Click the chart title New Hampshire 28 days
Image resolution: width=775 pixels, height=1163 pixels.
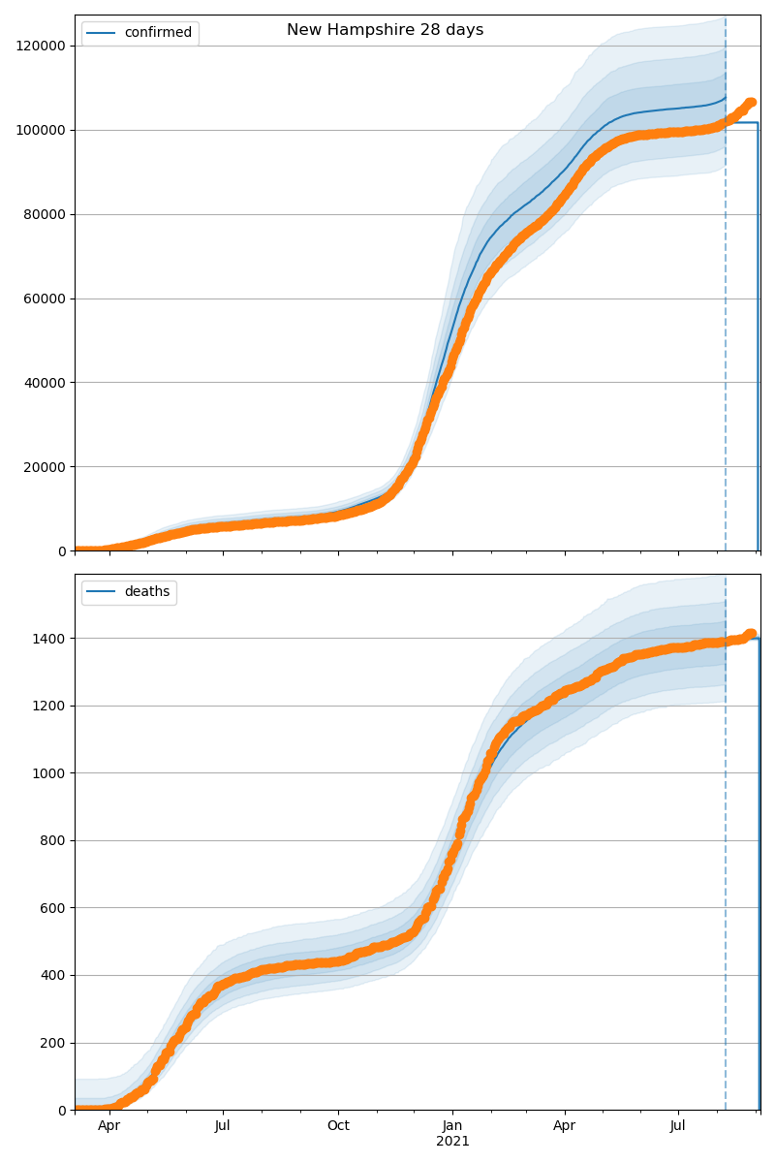385,30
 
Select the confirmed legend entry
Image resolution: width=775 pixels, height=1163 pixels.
158,33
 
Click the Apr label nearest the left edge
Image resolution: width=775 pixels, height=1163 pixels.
108,1126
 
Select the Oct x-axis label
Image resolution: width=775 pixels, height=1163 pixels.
338,1126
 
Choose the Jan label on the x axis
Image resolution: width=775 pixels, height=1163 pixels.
452,1126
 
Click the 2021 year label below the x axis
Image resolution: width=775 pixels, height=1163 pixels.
452,1142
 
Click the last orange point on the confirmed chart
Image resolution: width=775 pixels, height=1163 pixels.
750,103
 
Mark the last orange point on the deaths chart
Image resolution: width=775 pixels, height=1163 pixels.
750,634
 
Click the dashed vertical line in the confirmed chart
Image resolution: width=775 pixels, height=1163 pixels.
726,291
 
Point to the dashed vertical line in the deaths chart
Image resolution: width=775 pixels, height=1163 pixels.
726,872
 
